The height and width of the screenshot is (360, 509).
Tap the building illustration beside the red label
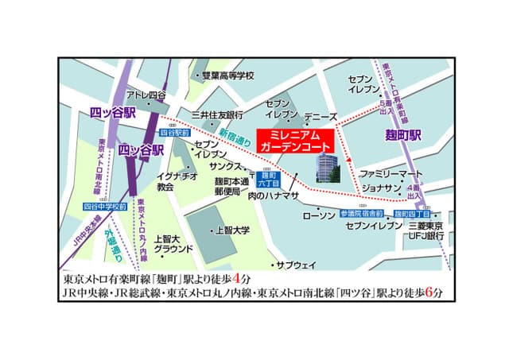point(327,168)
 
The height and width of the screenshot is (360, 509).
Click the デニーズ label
point(321,116)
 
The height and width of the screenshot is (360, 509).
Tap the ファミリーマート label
point(387,172)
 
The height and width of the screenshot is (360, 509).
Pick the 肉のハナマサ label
point(272,195)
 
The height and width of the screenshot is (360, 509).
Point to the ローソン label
point(320,215)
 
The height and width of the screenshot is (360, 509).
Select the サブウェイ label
point(296,264)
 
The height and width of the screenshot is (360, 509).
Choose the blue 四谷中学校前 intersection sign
point(105,207)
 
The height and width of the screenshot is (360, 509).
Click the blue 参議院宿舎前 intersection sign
point(361,214)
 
